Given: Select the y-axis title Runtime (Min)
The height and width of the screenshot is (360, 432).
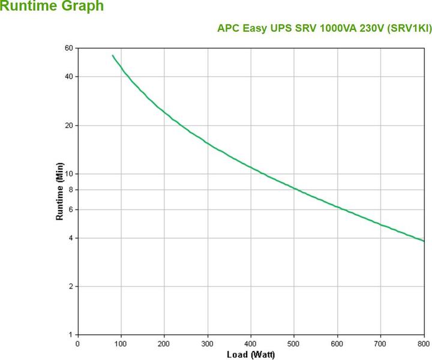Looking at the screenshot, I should pyautogui.click(x=59, y=194).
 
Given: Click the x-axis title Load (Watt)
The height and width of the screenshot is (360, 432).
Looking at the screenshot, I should pyautogui.click(x=250, y=355).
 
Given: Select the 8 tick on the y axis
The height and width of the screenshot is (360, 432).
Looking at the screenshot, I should pyautogui.click(x=70, y=189).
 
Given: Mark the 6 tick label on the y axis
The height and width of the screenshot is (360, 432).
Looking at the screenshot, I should pyautogui.click(x=70, y=209).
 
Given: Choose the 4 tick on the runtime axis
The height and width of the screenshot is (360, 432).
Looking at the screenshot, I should pyautogui.click(x=70, y=238).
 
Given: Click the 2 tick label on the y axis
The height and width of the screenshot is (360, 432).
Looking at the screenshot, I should pyautogui.click(x=70, y=286).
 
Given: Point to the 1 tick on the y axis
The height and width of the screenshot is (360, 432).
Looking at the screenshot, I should pyautogui.click(x=70, y=334).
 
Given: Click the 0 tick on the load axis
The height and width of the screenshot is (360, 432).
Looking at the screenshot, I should pyautogui.click(x=77, y=344).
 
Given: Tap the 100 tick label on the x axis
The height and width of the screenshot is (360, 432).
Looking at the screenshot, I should pyautogui.click(x=121, y=344).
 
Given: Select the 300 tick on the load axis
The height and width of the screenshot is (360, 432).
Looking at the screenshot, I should pyautogui.click(x=208, y=344).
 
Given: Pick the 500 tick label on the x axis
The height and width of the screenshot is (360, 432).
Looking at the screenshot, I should pyautogui.click(x=294, y=344).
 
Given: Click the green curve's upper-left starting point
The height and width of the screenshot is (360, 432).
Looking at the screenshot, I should pyautogui.click(x=112, y=55).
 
